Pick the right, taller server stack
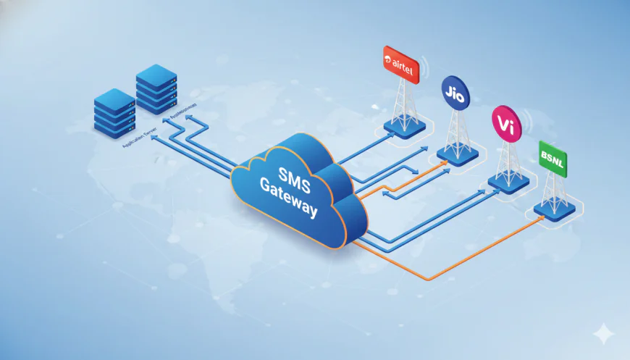[x=156, y=88]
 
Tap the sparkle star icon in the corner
[x=602, y=332]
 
